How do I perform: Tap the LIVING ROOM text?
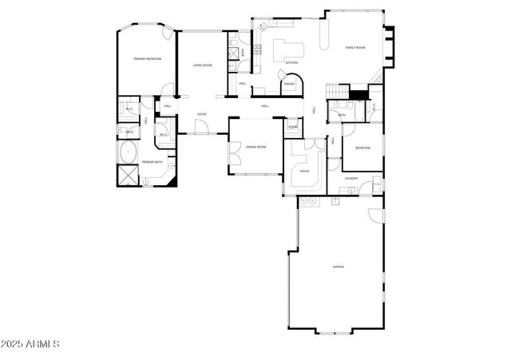(x=202, y=65)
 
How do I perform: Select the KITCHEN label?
(x=291, y=62)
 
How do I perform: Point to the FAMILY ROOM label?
(x=355, y=48)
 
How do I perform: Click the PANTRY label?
(x=289, y=83)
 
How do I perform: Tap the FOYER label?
(x=202, y=114)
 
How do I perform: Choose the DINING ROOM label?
(x=255, y=147)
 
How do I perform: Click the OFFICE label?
(x=304, y=171)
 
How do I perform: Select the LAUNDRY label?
(x=351, y=178)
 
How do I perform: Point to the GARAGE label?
(x=339, y=266)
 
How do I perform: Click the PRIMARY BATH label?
(x=153, y=162)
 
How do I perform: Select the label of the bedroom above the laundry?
(x=362, y=148)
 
